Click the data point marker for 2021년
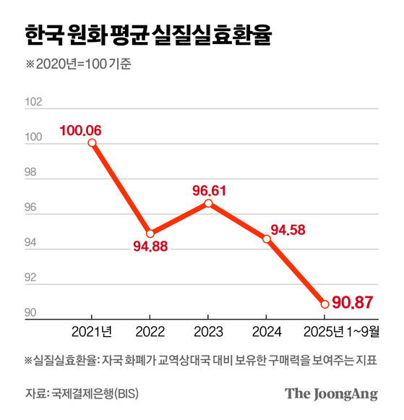click(92, 142)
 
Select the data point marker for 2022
click(150, 233)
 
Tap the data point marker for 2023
click(208, 203)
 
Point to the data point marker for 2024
click(267, 239)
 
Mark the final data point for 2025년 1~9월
click(325, 304)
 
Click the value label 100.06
click(81, 130)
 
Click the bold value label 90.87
click(354, 301)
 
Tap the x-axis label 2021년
click(93, 333)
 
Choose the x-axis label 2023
click(208, 333)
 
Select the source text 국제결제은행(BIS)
click(101, 394)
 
